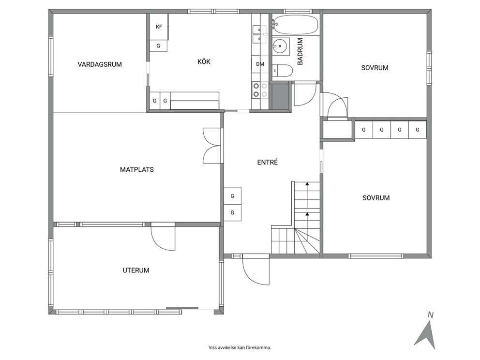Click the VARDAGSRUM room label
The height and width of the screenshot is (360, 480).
pyautogui.click(x=100, y=64)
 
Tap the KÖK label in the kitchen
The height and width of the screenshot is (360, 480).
pyautogui.click(x=204, y=61)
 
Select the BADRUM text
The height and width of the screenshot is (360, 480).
pyautogui.click(x=300, y=51)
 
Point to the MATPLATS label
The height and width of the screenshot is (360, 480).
pyautogui.click(x=137, y=169)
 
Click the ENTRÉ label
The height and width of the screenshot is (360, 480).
pyautogui.click(x=268, y=162)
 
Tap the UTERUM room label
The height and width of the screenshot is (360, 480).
pyautogui.click(x=136, y=270)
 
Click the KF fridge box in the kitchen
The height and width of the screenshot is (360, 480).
pyautogui.click(x=159, y=27)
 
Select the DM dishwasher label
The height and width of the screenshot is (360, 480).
pyautogui.click(x=260, y=64)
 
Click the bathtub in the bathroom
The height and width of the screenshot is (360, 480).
pyautogui.click(x=296, y=25)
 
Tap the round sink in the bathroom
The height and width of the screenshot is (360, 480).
pyautogui.click(x=281, y=46)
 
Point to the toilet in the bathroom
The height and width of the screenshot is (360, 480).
pyautogui.click(x=282, y=70)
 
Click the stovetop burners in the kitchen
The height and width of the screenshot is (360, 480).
pyautogui.click(x=260, y=90)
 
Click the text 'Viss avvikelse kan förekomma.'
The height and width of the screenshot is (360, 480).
pyautogui.click(x=240, y=347)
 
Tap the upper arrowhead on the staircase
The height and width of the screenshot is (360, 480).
pyautogui.click(x=307, y=184)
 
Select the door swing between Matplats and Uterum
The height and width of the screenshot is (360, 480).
pyautogui.click(x=163, y=238)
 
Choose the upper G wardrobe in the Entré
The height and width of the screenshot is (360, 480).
pyautogui.click(x=232, y=196)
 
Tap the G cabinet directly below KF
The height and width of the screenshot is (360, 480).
pyautogui.click(x=158, y=46)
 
